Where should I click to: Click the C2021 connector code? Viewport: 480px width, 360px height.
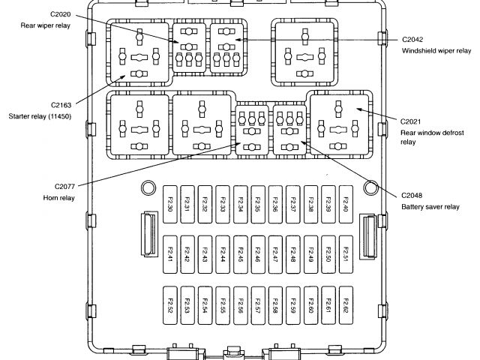point(411,121)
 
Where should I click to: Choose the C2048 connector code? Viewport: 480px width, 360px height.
point(412,195)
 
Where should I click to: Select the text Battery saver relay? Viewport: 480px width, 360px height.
point(430,207)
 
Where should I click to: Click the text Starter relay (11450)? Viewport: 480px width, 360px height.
point(40,116)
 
